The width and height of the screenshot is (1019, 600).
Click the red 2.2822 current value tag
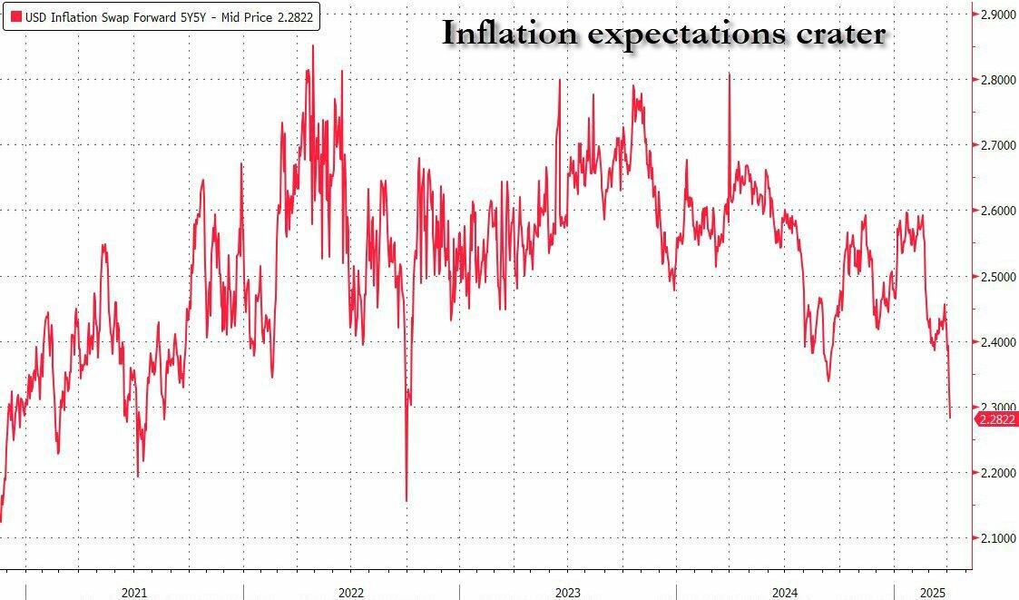[995, 418]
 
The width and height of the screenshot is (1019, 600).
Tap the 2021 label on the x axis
[133, 592]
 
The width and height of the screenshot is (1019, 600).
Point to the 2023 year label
[567, 592]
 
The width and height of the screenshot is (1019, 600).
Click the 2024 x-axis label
[784, 592]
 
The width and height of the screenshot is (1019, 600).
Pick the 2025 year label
[931, 592]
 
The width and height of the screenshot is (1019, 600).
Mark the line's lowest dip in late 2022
[406, 500]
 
